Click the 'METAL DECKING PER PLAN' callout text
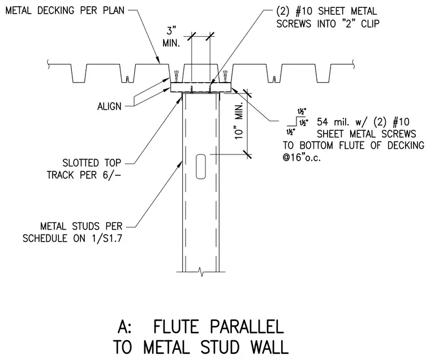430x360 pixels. (x=65, y=11)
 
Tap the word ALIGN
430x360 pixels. (x=109, y=106)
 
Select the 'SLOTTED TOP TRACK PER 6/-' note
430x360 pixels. (x=84, y=169)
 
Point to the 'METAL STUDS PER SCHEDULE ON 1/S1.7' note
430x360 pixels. (x=72, y=233)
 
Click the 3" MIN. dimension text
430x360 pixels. (x=171, y=37)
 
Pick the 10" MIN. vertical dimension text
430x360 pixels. (x=239, y=121)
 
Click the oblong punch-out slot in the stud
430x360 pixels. (x=201, y=166)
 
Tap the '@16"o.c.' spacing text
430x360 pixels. (x=302, y=158)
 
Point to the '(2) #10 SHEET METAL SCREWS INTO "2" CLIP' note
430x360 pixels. (x=328, y=18)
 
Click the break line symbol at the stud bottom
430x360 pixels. (x=201, y=272)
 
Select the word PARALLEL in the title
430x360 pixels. (x=247, y=327)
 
